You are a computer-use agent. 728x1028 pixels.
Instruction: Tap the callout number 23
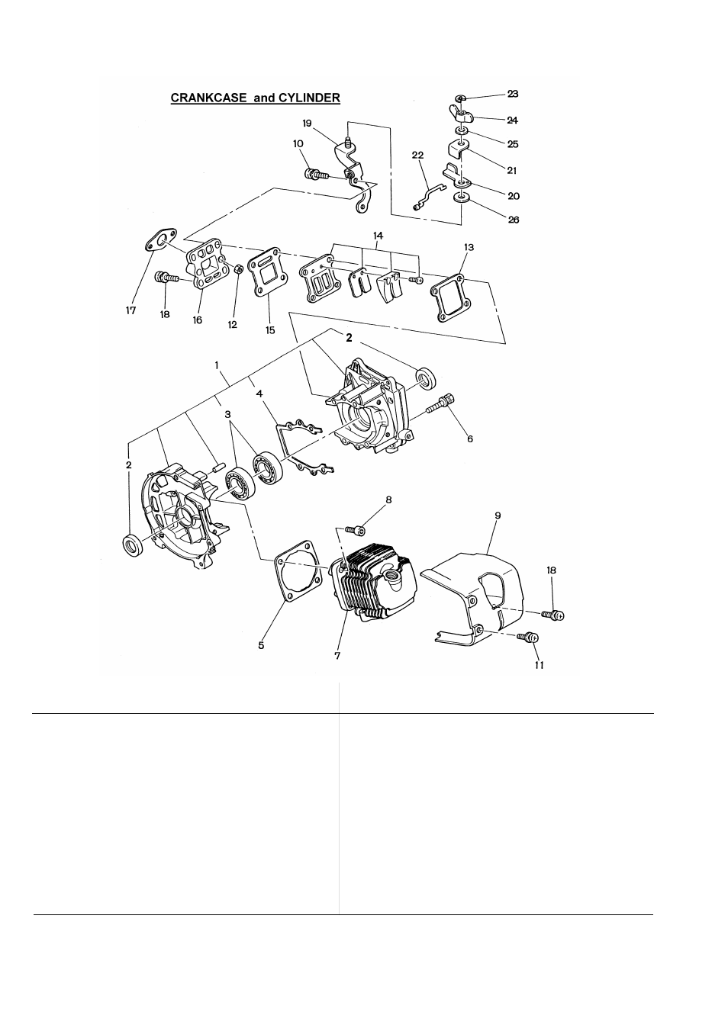coord(513,94)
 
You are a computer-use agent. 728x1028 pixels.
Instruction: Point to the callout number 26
coord(513,220)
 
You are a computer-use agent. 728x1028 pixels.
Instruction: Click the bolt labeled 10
coord(315,174)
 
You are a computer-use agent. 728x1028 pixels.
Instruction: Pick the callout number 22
coord(417,156)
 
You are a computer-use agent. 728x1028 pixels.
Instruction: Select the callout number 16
coord(198,321)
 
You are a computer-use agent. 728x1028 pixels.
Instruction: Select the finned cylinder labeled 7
coord(374,576)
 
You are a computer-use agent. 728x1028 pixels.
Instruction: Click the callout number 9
coord(498,516)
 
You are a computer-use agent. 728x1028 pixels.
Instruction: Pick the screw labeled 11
coord(527,636)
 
